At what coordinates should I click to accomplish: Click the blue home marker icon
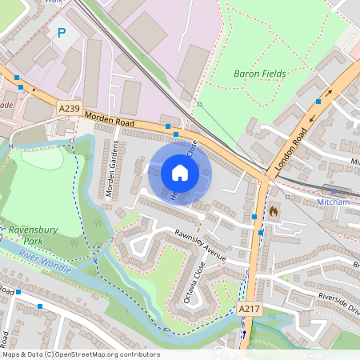click(x=180, y=173)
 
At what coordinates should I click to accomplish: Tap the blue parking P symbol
click(x=62, y=33)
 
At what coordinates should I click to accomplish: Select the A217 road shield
click(x=249, y=308)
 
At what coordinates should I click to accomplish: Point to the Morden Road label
click(x=111, y=119)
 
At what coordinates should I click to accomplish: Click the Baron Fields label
click(x=259, y=74)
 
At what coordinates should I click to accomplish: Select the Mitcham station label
click(x=333, y=202)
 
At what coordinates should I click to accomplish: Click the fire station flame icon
click(x=274, y=211)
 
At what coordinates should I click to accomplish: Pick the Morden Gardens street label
click(x=111, y=169)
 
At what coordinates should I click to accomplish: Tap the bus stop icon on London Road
click(x=318, y=102)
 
